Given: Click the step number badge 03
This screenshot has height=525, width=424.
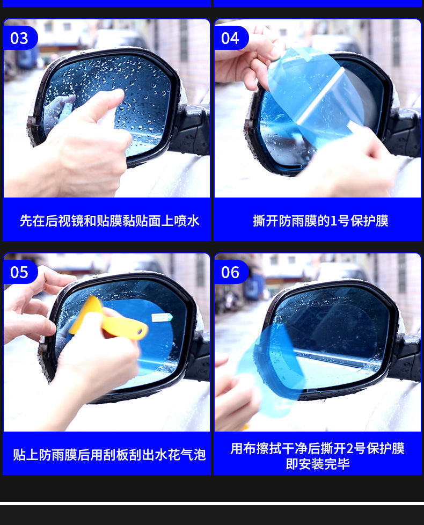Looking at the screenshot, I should coord(19,38).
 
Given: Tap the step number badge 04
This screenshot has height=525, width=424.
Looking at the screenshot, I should coord(230,38).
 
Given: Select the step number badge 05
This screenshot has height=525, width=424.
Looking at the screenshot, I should coord(19,272).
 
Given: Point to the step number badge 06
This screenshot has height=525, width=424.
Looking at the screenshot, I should coord(230,272).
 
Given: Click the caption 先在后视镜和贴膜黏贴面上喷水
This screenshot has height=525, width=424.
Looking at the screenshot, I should coord(109,221).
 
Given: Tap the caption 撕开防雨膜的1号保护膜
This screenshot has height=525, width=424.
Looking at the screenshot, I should coord(320,221).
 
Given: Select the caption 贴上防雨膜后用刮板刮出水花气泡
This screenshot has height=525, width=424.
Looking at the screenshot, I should coord(109,455).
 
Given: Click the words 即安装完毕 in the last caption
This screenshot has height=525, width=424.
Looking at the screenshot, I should coord(318,464).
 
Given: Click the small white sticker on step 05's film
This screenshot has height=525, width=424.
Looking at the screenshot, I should coord(162,317).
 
